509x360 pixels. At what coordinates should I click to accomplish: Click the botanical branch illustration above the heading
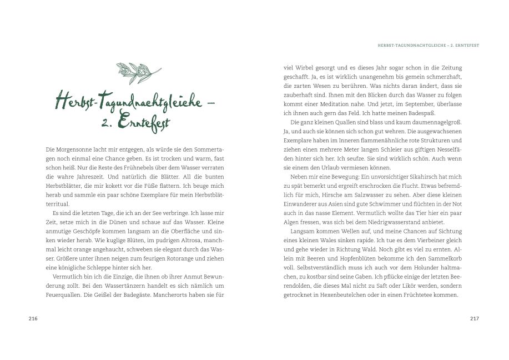point(138,73)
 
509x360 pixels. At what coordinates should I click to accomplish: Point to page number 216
point(33,318)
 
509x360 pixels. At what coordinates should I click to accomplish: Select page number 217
point(474,318)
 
